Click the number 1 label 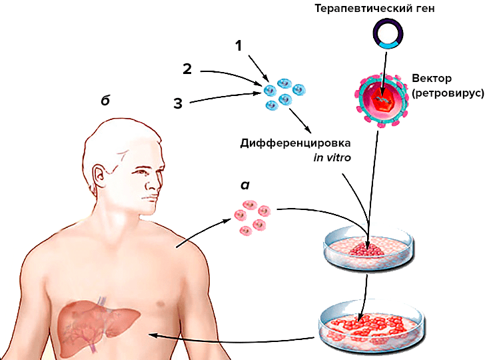(238, 46)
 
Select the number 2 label (188, 69)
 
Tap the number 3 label (177, 103)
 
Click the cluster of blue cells (282, 93)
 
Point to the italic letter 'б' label (105, 101)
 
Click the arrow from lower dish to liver (233, 337)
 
